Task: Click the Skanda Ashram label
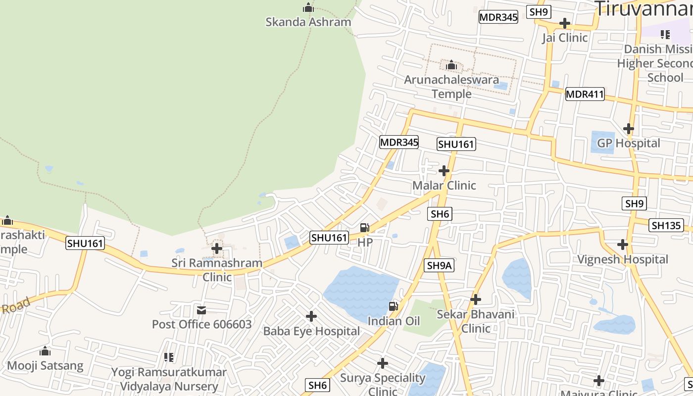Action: tap(308, 22)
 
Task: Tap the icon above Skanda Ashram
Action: tap(308, 8)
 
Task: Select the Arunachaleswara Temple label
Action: tap(451, 87)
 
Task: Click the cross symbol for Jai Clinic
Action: tap(564, 23)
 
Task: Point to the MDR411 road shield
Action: tap(585, 94)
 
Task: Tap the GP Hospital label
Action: tap(628, 143)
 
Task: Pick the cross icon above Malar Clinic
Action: tap(444, 171)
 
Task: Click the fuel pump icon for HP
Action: tap(365, 228)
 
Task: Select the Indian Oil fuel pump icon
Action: tap(394, 306)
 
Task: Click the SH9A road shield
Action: tap(440, 265)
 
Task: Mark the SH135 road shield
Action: tap(666, 225)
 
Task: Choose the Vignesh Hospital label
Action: tap(622, 259)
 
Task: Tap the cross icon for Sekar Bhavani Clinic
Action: tap(475, 299)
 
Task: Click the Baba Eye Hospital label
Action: tap(311, 331)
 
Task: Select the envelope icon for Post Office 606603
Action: tap(201, 310)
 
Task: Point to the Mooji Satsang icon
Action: tap(45, 351)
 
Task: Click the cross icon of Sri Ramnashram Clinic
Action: tap(217, 248)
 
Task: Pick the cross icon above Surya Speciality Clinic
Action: tap(382, 363)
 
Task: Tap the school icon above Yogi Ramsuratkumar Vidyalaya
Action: tap(169, 357)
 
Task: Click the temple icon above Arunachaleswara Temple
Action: tap(451, 65)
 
